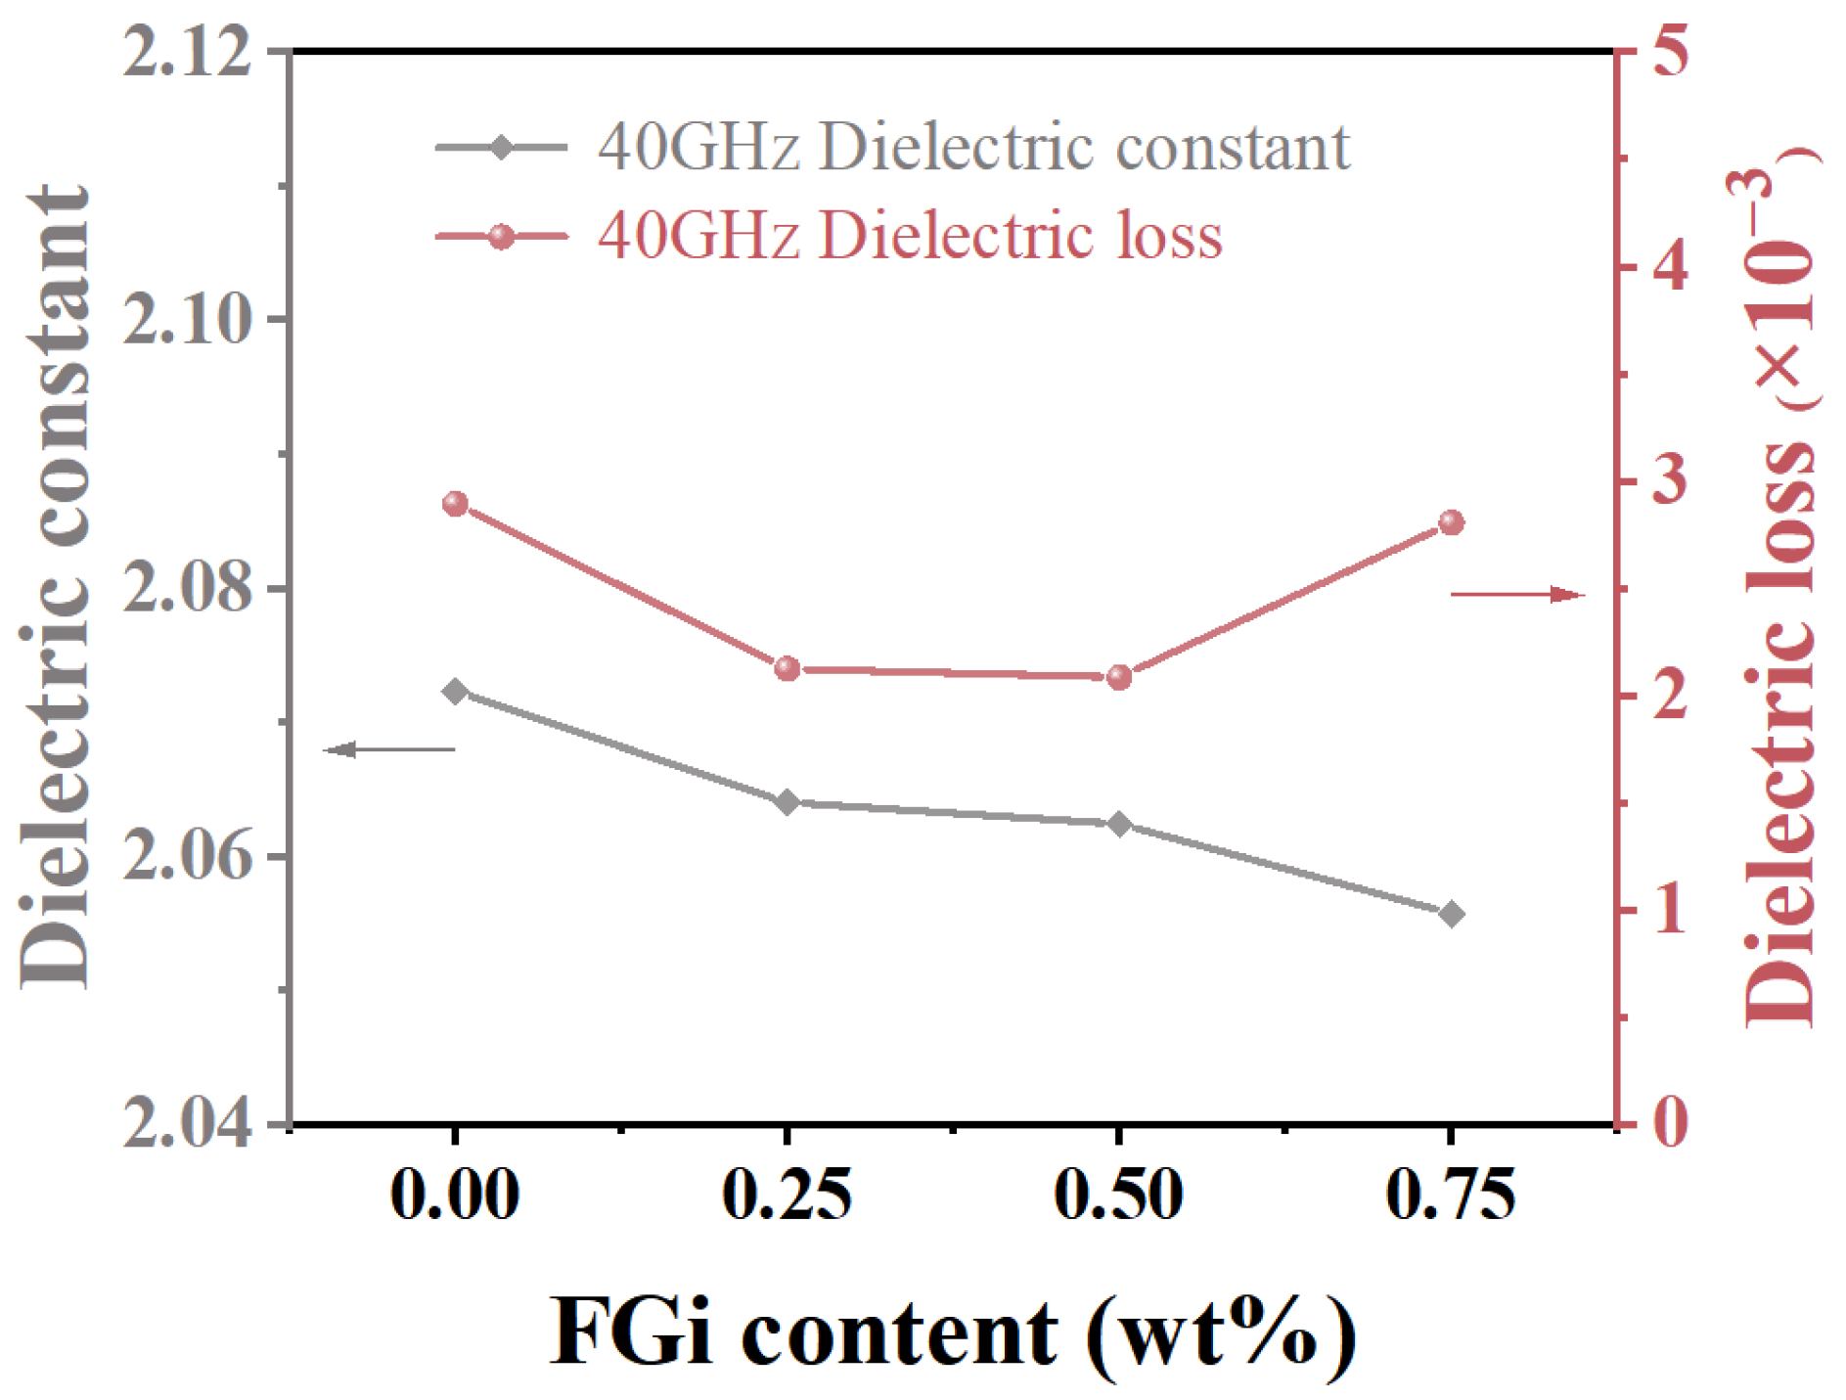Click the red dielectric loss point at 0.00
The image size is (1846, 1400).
pos(455,505)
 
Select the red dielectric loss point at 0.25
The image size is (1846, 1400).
pos(788,669)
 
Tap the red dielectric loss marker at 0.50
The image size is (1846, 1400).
pos(1119,677)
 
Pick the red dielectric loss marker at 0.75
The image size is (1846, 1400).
pos(1452,522)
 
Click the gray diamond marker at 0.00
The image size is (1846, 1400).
pos(455,692)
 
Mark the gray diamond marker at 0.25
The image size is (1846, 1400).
pos(788,802)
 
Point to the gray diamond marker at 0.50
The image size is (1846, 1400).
pos(1119,824)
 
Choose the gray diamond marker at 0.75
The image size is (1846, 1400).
pos(1452,914)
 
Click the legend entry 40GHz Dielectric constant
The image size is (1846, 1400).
pos(973,148)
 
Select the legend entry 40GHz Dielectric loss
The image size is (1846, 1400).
pos(910,236)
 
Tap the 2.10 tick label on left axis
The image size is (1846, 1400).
pos(187,320)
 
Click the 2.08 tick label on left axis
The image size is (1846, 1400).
pos(187,588)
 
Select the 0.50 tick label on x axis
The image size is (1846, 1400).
pos(1118,1195)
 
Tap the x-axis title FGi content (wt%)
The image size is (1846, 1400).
pos(954,1332)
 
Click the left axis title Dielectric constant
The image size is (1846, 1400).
pos(55,587)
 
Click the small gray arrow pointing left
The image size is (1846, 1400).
pos(389,749)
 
